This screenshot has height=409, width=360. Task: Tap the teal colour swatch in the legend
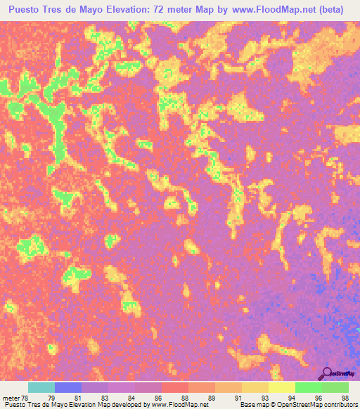41,387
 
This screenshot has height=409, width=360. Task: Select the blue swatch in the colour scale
68,387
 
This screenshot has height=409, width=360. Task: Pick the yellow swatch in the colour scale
282,387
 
